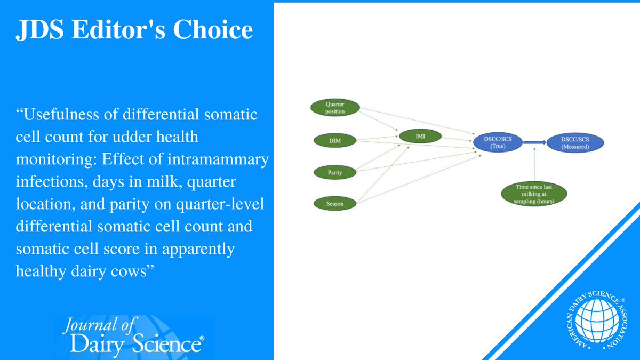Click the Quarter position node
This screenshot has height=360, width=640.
point(335,108)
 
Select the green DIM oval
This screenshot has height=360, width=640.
point(335,141)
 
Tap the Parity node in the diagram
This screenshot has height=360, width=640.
point(335,172)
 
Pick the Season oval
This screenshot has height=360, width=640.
point(335,204)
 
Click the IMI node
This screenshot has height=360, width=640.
point(420,137)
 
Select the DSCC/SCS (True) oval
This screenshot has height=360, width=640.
point(498,142)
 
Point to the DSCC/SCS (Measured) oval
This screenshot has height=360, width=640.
point(575,143)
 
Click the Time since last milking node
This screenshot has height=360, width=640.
point(534,194)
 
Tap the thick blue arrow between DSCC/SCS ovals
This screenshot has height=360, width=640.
point(534,142)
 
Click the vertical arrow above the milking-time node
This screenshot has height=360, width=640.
point(534,164)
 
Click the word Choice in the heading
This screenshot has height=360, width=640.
point(213,29)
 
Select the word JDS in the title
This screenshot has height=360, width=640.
point(39,30)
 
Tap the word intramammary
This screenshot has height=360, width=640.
point(218,159)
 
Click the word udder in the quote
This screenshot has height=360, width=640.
point(130,137)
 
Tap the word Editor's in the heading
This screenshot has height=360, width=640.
point(118,29)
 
